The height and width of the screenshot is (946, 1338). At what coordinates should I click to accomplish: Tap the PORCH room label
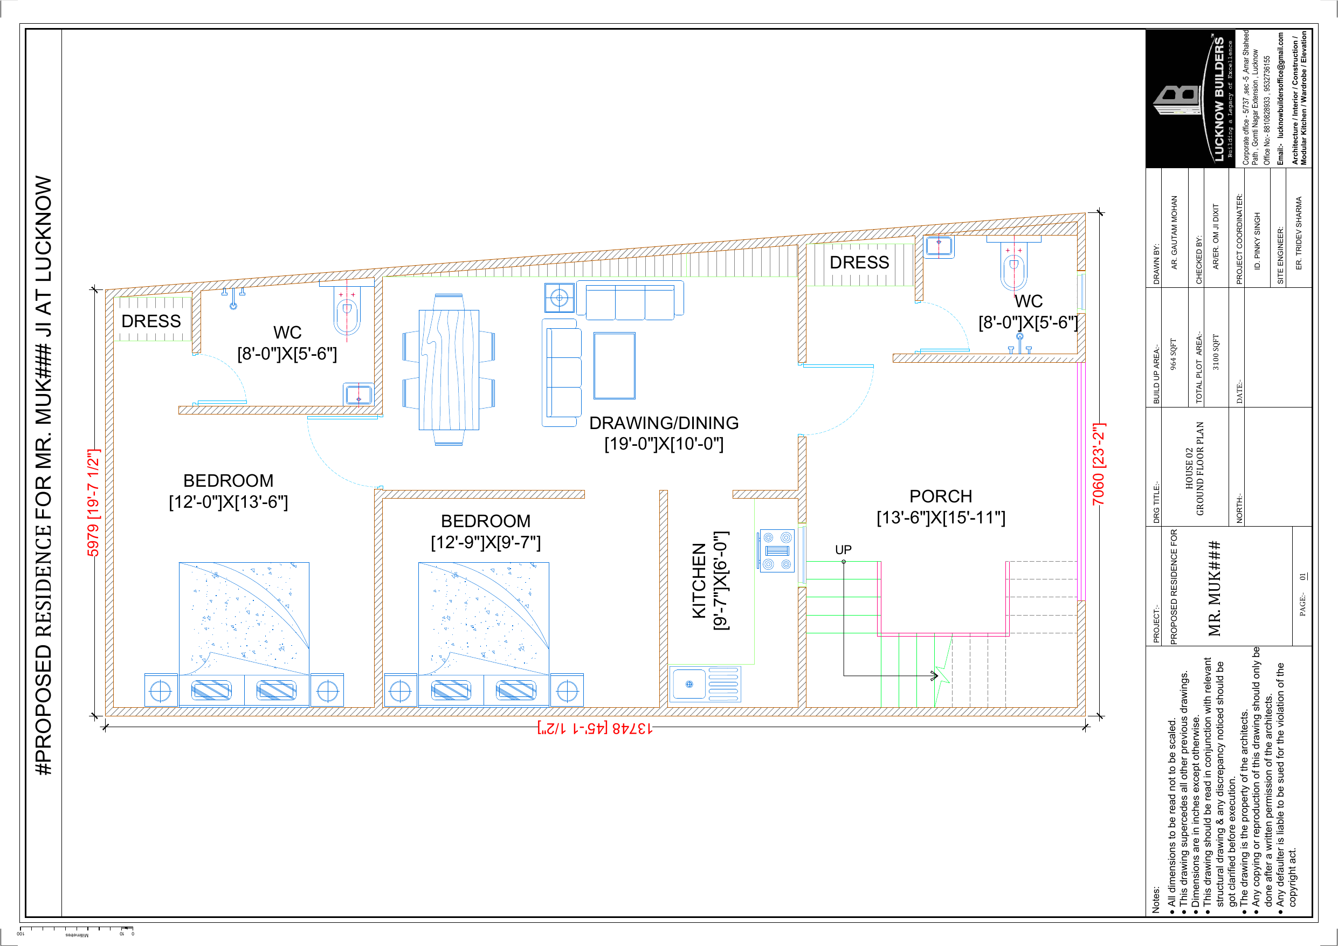click(x=941, y=496)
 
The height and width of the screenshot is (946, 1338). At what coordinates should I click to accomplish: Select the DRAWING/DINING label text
click(x=664, y=423)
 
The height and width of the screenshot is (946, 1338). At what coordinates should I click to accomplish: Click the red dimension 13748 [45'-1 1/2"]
click(x=595, y=728)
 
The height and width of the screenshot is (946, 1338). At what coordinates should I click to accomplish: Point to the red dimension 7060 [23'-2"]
click(x=1099, y=464)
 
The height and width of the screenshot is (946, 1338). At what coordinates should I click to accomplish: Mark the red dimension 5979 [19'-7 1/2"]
click(x=93, y=503)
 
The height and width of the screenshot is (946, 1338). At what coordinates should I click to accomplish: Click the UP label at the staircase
click(x=843, y=550)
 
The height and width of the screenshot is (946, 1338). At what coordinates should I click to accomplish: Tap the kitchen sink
click(x=705, y=684)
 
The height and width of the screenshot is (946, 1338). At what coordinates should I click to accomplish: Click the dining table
click(x=449, y=370)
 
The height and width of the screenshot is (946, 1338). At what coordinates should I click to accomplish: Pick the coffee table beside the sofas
click(x=614, y=365)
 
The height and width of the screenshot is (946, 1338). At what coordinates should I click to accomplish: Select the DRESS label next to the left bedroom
click(x=151, y=321)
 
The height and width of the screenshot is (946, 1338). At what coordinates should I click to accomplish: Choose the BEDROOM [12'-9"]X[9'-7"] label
click(x=485, y=531)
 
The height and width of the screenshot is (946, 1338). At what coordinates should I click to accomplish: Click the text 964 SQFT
click(x=1174, y=354)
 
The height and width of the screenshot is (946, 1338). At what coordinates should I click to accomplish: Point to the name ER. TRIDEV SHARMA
click(x=1298, y=232)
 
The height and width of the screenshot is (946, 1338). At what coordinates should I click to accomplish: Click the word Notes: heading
click(x=1156, y=899)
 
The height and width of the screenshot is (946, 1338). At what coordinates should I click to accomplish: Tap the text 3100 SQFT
click(x=1216, y=352)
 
